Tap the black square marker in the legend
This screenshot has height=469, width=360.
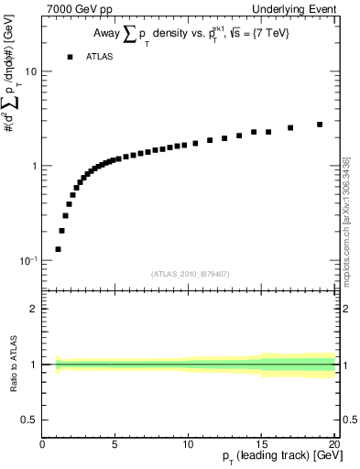tap(69, 57)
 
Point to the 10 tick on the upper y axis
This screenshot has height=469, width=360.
tap(29, 71)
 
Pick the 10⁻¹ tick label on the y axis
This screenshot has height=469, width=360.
tap(27, 261)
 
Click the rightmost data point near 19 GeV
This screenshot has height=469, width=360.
tap(320, 125)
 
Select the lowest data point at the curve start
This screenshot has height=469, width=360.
tap(58, 249)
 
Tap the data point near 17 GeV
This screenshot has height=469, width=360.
tap(290, 128)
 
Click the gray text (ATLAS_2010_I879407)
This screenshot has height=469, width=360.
tap(189, 274)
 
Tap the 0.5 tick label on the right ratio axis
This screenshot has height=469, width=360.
tap(348, 420)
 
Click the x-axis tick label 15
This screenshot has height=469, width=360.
tap(262, 445)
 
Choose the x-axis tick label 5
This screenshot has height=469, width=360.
tap(115, 445)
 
